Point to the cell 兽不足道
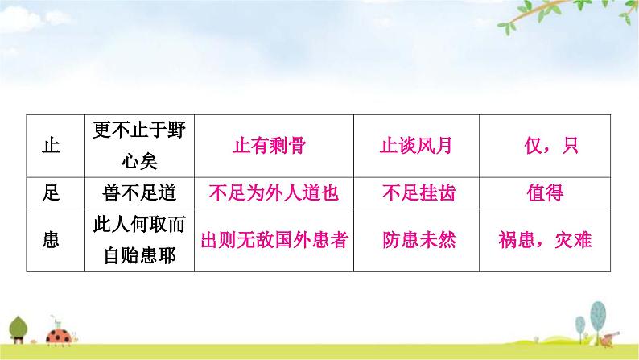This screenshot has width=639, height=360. tap(139, 193)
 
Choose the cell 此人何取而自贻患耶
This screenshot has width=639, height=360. tap(139, 240)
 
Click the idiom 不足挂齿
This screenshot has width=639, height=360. tap(416, 193)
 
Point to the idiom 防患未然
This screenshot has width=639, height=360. tap(416, 240)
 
